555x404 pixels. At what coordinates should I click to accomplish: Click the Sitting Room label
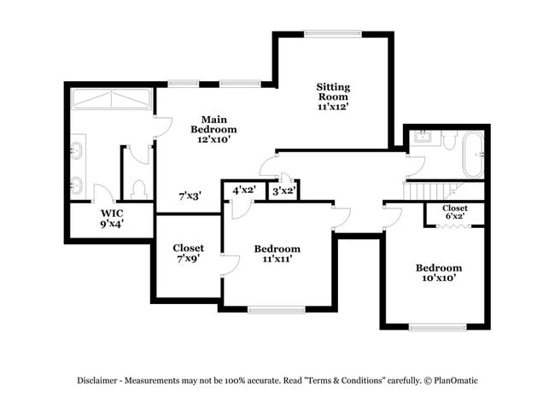333,91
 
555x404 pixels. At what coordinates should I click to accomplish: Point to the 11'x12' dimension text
333,107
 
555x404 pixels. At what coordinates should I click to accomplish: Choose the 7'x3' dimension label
189,196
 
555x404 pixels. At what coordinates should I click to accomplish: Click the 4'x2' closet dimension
243,190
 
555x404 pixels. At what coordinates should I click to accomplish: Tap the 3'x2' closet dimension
283,190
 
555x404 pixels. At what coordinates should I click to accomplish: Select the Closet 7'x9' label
188,253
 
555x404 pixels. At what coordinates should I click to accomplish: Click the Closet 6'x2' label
454,212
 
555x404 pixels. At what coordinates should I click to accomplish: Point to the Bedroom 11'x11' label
277,253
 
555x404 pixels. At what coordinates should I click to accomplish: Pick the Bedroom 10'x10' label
439,272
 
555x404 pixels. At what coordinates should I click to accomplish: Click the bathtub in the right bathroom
472,154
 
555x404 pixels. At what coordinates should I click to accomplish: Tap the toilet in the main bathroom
140,187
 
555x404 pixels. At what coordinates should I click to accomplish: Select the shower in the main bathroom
110,99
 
